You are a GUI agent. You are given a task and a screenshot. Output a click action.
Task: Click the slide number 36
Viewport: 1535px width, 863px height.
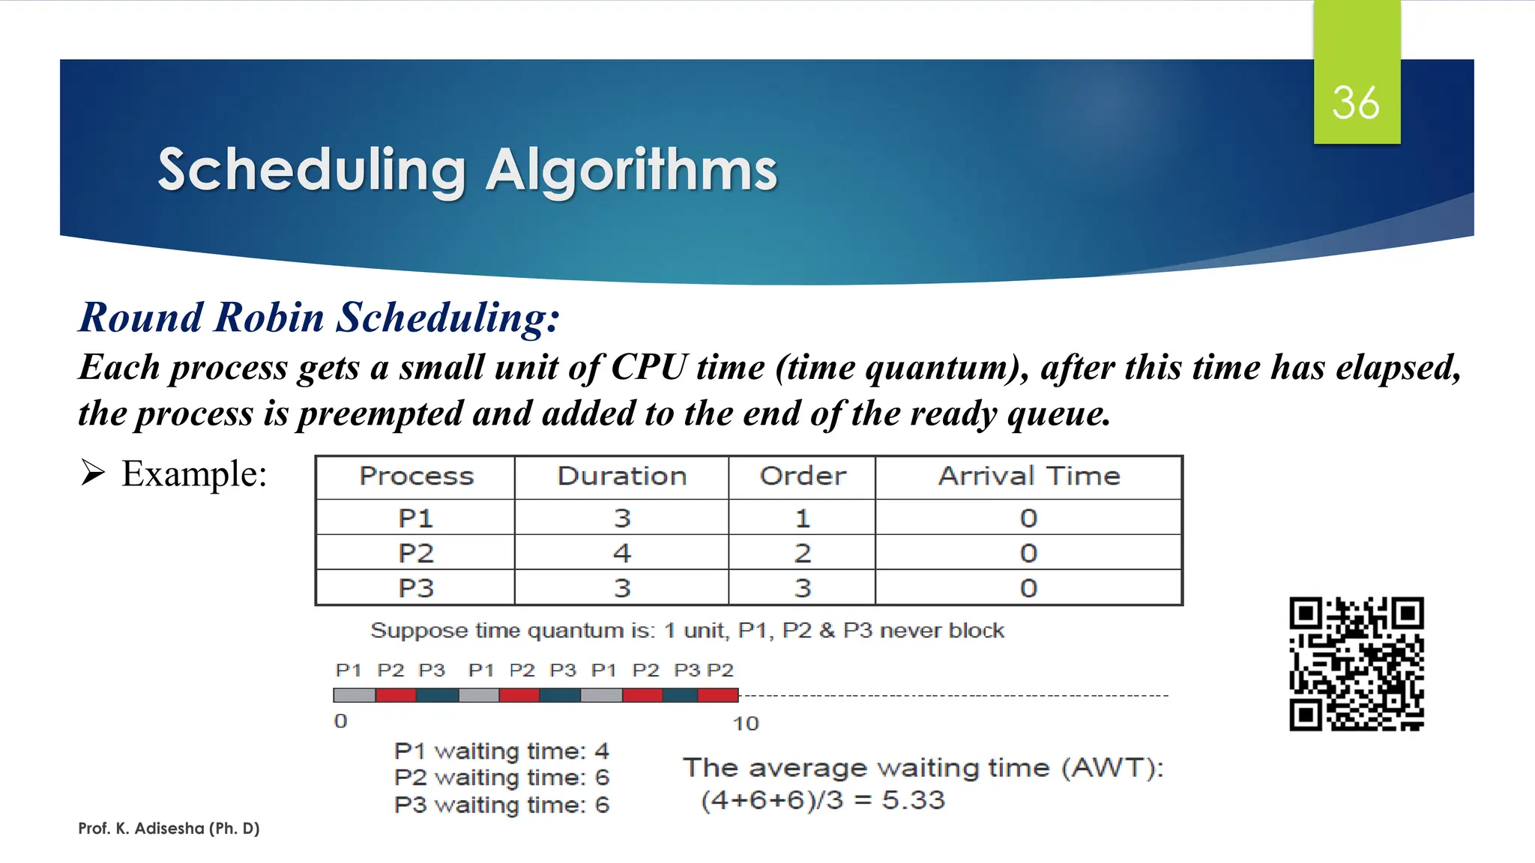pos(1355,103)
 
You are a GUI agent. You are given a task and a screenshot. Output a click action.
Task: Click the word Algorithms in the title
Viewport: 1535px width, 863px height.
pos(632,171)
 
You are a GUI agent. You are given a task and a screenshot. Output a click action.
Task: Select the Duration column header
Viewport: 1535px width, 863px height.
pos(621,476)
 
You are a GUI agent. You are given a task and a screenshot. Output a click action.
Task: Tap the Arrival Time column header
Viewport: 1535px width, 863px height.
pos(1028,476)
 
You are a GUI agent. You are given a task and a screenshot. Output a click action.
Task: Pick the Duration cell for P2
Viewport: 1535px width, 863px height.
pos(621,553)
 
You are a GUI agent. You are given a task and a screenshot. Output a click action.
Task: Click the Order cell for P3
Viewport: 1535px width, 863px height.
pos(802,588)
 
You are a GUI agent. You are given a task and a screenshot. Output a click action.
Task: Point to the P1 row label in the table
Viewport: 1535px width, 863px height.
pos(415,518)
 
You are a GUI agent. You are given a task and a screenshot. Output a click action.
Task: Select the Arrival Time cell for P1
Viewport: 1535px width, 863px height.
pos(1028,518)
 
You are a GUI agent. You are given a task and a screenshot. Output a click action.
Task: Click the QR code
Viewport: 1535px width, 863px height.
pos(1356,664)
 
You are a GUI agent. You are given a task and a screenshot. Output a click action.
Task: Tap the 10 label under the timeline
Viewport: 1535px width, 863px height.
pos(746,724)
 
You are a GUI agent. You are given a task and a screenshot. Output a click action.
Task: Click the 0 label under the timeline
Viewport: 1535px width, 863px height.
pos(340,721)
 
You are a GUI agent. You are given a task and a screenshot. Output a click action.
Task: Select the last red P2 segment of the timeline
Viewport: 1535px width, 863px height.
pos(718,695)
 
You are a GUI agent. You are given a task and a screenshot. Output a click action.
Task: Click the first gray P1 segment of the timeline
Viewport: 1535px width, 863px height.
pos(355,695)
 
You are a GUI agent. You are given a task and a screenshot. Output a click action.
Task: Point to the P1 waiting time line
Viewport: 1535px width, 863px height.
pos(501,751)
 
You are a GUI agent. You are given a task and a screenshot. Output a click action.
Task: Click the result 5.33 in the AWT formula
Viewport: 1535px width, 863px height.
pos(913,800)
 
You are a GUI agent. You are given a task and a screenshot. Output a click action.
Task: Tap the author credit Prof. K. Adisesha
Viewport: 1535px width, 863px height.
pos(169,829)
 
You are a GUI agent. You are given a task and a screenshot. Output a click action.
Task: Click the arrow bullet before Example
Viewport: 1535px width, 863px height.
pos(93,473)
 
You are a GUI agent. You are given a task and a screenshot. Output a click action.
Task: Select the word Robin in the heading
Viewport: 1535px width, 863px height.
pos(268,318)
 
